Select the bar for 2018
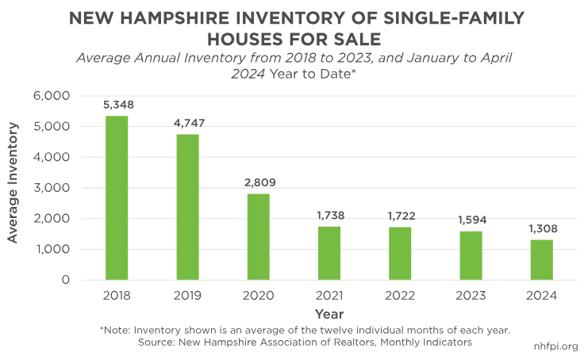117,197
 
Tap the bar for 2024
541,259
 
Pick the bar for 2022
400,253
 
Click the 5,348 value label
117,105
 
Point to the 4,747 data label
188,123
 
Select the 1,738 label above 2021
329,216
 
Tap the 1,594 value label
471,220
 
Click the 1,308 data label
541,228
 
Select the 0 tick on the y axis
67,280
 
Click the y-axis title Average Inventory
13,188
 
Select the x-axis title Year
329,314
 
